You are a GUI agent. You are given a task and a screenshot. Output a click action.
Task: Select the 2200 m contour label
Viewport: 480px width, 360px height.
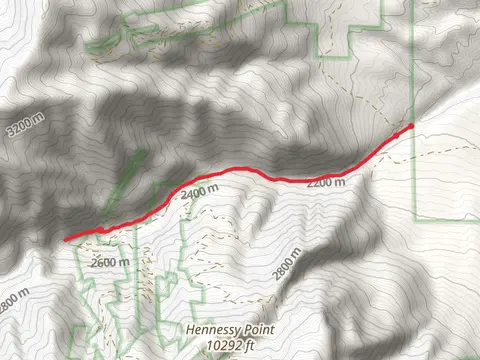326,184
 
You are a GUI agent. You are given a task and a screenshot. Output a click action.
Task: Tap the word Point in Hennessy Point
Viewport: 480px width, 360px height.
261,328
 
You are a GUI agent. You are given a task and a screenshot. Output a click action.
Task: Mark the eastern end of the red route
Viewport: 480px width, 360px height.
411,125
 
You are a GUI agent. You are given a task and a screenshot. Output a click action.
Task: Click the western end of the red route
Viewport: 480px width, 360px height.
66,240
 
